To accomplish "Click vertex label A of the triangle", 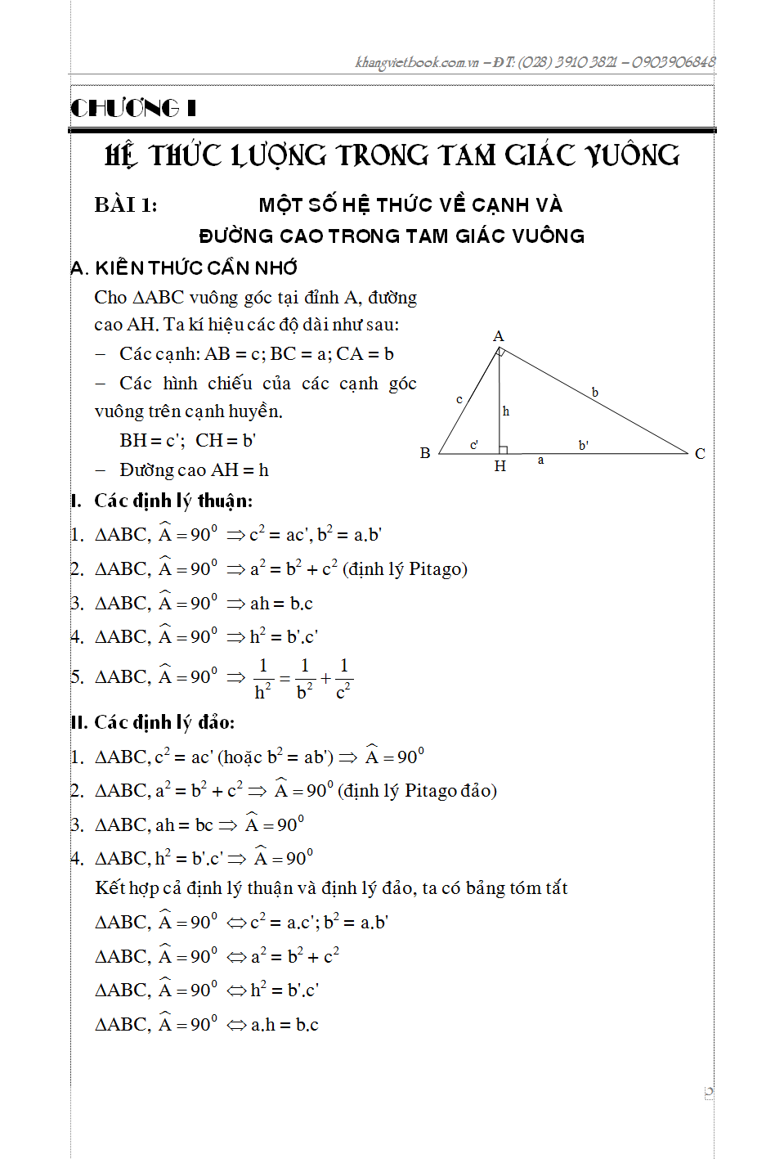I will pyautogui.click(x=499, y=336).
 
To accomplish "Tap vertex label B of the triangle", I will pyautogui.click(x=425, y=453).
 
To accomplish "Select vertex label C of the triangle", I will pyautogui.click(x=700, y=454).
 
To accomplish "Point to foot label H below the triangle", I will pyautogui.click(x=500, y=466).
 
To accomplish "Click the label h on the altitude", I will pyautogui.click(x=506, y=411).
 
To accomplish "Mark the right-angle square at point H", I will pyautogui.click(x=504, y=450).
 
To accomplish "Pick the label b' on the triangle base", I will pyautogui.click(x=584, y=446).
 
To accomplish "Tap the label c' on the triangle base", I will pyautogui.click(x=474, y=445).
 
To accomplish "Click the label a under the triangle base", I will pyautogui.click(x=540, y=460).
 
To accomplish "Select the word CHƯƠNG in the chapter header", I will pyautogui.click(x=125, y=108).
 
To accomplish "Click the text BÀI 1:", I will pyautogui.click(x=126, y=204).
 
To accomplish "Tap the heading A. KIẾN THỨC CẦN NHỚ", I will pyautogui.click(x=185, y=268).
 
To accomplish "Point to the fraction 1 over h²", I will pyautogui.click(x=262, y=679).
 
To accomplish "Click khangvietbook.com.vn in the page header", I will pyautogui.click(x=417, y=62).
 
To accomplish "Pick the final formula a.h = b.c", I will pyautogui.click(x=284, y=1025).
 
